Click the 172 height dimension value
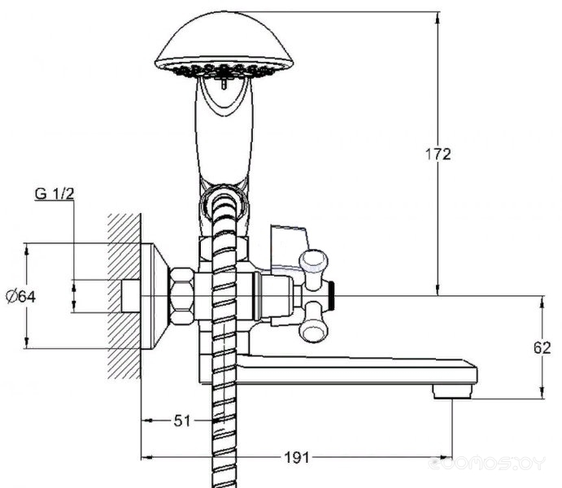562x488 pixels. click(438, 155)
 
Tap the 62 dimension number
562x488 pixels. click(542, 347)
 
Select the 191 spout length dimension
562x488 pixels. click(296, 458)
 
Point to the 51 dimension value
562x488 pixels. click(181, 420)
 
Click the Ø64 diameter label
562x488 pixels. click(21, 297)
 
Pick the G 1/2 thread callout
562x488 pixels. click(54, 194)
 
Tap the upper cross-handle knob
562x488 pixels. click(314, 264)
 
